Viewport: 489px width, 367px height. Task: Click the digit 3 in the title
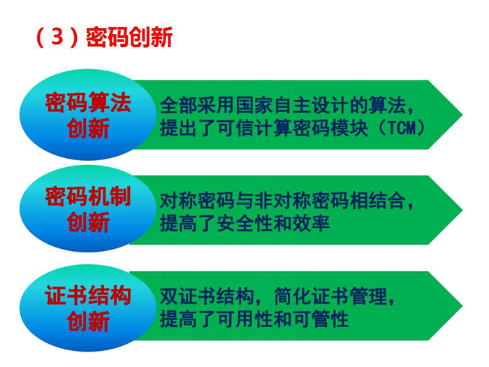(57, 37)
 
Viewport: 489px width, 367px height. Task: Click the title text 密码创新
(129, 37)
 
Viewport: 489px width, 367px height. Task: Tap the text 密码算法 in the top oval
(88, 102)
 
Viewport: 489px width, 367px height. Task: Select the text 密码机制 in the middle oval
(88, 196)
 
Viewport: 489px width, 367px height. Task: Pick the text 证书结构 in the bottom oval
(88, 295)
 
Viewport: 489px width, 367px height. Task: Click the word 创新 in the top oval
(88, 128)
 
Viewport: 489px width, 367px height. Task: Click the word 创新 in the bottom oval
(88, 321)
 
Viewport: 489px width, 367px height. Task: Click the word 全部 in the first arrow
(179, 106)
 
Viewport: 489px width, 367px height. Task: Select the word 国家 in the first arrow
(254, 106)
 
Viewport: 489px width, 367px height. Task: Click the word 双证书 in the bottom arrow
(188, 296)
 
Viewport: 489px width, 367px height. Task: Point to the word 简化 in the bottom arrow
(293, 296)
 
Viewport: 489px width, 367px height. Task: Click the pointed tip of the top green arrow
(462, 115)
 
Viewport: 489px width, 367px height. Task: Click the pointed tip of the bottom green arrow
(462, 306)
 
